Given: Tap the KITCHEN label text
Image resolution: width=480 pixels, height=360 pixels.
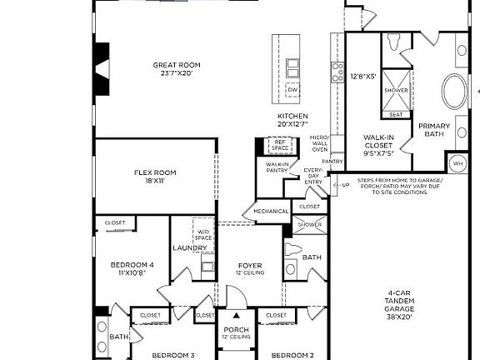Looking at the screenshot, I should (292, 119).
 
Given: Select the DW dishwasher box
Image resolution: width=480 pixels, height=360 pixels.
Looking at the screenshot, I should (292, 90).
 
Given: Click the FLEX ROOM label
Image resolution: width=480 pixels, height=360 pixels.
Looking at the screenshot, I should (156, 177).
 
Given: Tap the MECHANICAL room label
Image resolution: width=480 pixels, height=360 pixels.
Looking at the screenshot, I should (270, 212).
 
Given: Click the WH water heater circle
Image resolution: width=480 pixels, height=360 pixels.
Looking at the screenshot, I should (457, 162).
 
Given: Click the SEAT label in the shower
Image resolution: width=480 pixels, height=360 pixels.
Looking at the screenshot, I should (396, 115).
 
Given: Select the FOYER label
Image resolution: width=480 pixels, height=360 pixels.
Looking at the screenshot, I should (250, 266).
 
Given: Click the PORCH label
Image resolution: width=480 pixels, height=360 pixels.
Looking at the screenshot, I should (236, 332).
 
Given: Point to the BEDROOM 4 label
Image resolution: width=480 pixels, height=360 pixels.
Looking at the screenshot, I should (132, 268).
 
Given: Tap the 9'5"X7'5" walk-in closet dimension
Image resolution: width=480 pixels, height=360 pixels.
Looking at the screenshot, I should (379, 152).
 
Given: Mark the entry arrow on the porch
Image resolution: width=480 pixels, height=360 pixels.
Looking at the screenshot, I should (236, 317).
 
